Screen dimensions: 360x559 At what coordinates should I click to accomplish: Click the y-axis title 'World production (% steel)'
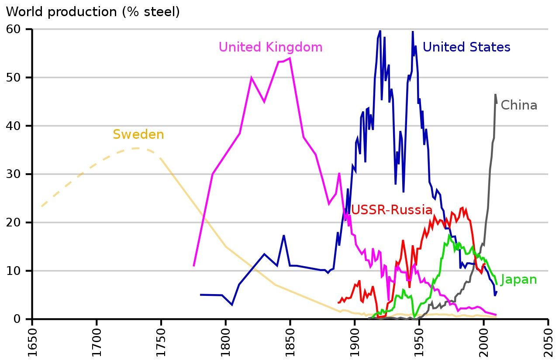click(93, 12)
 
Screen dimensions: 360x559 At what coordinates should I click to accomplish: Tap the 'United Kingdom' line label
click(270, 47)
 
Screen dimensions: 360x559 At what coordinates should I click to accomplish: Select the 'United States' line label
click(466, 47)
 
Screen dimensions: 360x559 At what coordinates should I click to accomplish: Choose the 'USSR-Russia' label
click(392, 210)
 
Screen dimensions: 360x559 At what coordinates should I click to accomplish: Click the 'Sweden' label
click(138, 135)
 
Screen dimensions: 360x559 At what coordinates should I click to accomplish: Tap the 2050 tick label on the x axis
click(548, 342)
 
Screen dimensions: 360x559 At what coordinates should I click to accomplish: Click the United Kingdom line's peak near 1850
click(290, 58)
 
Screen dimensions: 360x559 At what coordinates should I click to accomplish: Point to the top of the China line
click(495, 94)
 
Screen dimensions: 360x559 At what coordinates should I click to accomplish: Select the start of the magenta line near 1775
click(193, 266)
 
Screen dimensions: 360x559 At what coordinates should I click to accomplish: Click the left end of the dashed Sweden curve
click(41, 206)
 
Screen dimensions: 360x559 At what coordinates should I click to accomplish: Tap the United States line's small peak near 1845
click(284, 236)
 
